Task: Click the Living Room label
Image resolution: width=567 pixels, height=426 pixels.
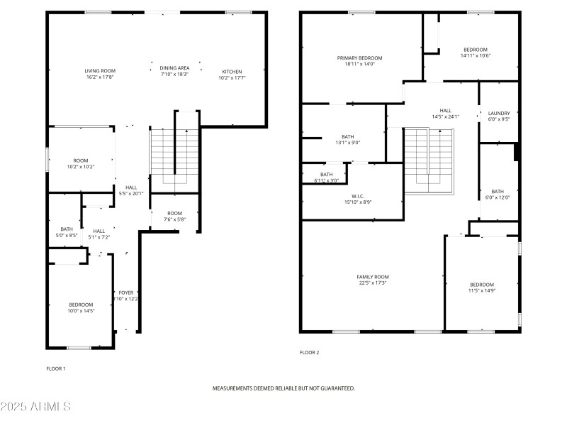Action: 100,71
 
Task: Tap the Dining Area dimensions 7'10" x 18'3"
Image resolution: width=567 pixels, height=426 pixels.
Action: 174,74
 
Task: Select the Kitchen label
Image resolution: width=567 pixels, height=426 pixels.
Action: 232,72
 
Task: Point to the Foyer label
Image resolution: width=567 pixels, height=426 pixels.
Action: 125,293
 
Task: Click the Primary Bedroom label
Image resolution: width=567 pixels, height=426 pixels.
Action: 359,58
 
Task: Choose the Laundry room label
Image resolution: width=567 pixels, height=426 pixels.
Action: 499,113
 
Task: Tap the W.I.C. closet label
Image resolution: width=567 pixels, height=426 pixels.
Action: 358,196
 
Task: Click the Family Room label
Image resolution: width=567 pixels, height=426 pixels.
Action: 372,277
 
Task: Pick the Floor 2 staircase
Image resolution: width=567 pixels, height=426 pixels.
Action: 428,160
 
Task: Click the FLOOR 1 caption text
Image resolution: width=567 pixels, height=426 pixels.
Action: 56,368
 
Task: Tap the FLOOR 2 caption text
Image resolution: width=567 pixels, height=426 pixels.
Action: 310,352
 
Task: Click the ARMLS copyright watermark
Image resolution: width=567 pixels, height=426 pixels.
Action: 35,407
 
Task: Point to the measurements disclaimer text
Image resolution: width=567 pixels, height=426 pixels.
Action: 283,388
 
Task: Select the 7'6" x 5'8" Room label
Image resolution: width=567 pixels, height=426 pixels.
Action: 174,213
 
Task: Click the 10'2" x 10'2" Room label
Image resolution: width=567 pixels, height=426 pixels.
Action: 81,160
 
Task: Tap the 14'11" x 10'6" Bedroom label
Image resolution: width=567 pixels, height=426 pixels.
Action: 475,50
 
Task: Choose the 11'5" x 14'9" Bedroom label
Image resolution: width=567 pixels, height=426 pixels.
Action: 481,285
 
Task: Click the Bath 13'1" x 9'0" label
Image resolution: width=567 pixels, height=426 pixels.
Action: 347,137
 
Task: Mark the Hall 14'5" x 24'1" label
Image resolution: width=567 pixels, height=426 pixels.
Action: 446,111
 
